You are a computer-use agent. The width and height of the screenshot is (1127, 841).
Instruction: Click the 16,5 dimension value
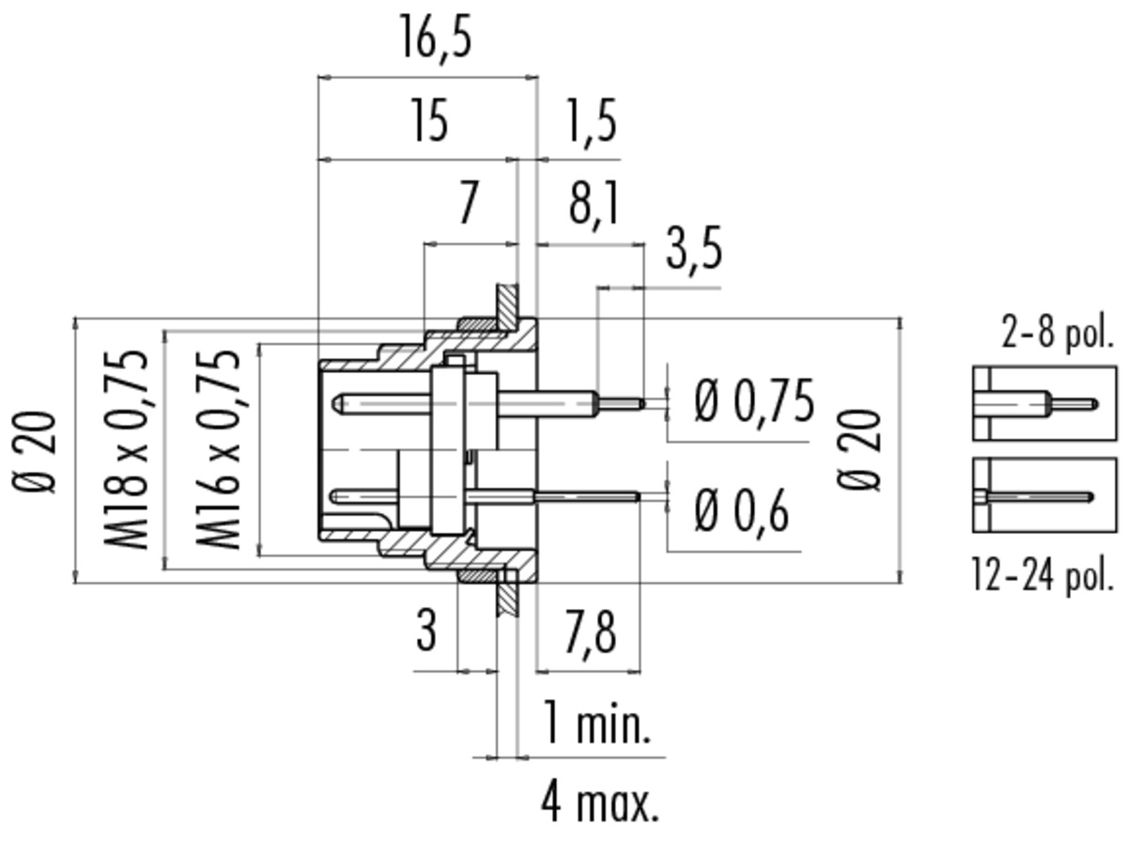(x=436, y=38)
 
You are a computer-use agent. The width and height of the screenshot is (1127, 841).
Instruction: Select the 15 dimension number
(x=430, y=120)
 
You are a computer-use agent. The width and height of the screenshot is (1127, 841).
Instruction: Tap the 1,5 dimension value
(x=591, y=122)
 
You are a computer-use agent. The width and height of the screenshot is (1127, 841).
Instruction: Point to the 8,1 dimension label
(x=594, y=204)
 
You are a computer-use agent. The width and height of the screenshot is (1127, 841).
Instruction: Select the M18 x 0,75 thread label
(x=126, y=449)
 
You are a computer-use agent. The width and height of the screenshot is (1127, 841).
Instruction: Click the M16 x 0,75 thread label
(x=217, y=449)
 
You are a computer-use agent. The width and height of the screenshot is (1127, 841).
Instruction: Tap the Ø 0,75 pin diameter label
(x=754, y=400)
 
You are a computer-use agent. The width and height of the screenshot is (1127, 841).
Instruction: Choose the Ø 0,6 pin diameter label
(x=741, y=510)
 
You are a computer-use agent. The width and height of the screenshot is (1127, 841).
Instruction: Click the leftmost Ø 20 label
(x=35, y=452)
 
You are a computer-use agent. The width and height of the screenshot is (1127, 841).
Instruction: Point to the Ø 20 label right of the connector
(x=858, y=449)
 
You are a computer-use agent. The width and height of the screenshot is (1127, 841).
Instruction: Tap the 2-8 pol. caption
(x=1058, y=333)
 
